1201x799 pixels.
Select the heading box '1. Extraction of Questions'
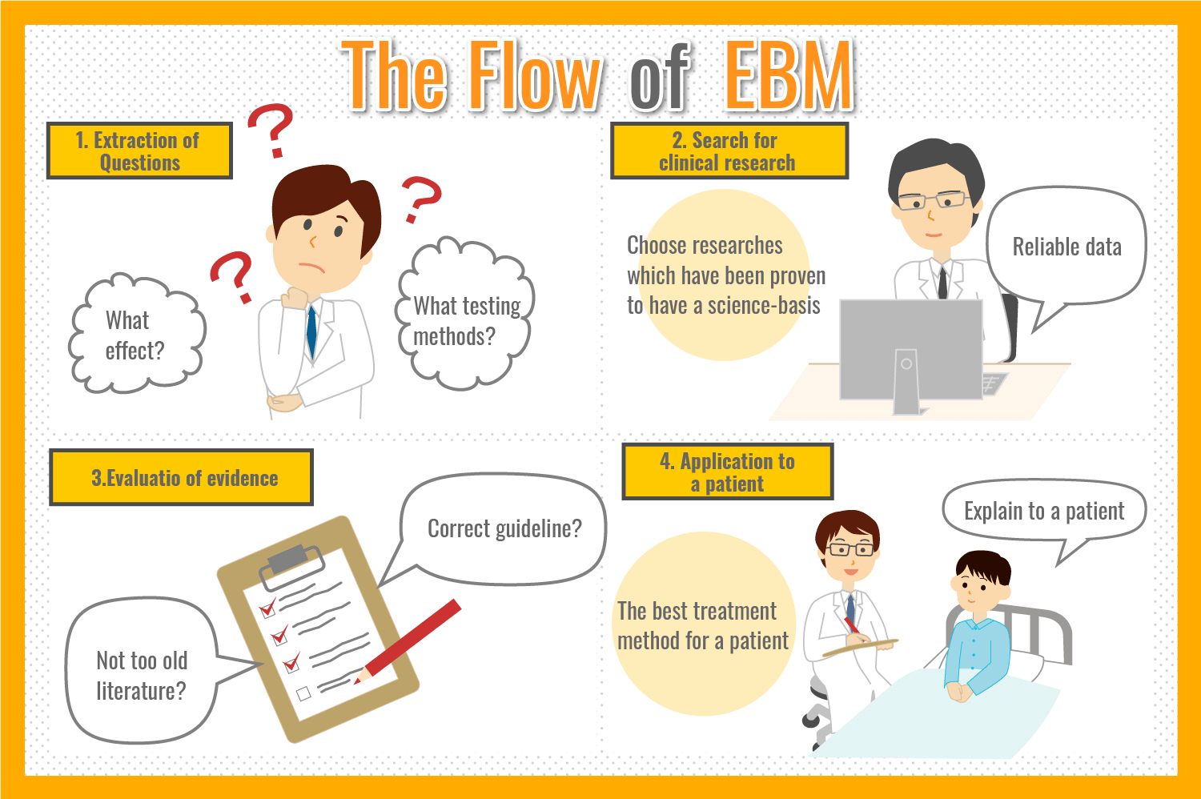tap(139, 151)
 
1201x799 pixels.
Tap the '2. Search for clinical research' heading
tap(729, 151)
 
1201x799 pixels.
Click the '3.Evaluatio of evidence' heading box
tap(182, 478)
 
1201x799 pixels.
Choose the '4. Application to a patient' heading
tap(727, 472)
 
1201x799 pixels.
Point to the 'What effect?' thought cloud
tap(135, 335)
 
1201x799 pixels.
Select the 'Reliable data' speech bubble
tap(1066, 247)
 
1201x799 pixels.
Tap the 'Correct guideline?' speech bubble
tap(504, 528)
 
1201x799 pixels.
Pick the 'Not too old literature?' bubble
tap(142, 675)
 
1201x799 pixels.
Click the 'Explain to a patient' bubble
tap(1044, 511)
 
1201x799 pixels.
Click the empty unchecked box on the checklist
tap(303, 693)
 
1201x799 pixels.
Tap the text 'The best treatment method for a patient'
tap(702, 626)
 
